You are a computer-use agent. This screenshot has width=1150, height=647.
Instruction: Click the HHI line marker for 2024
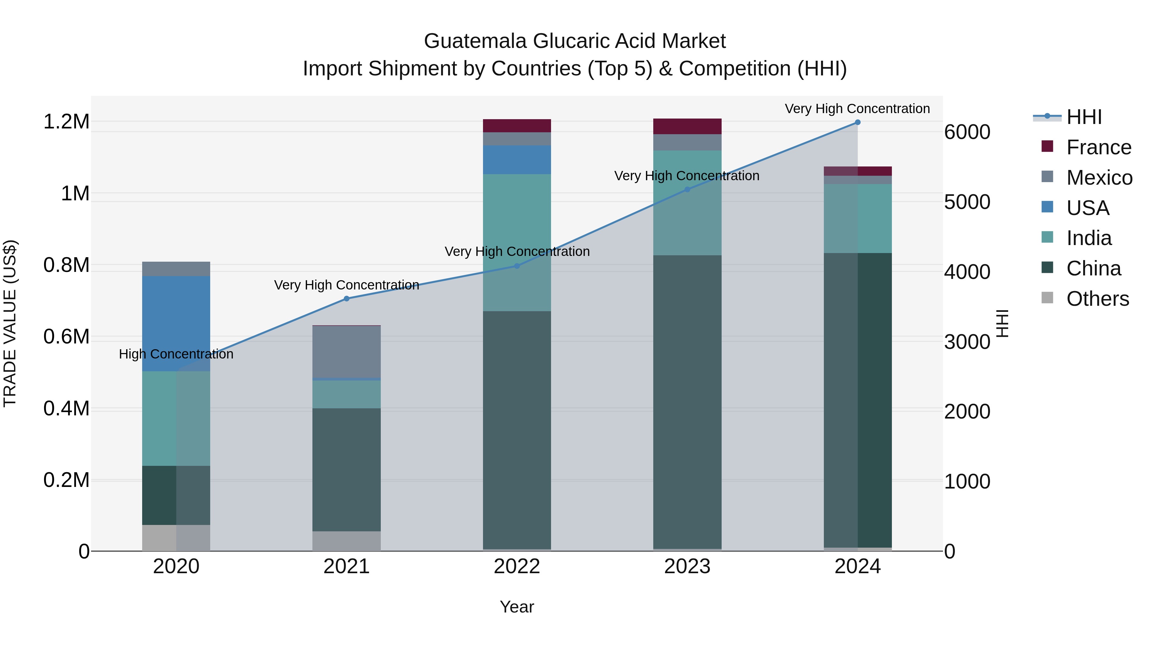857,122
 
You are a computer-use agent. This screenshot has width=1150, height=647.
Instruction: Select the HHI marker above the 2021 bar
346,299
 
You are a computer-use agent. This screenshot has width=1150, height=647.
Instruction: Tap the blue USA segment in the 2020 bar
176,323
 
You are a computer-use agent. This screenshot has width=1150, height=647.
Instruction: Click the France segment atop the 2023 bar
687,126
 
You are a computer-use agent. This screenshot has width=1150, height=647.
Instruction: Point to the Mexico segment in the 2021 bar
346,351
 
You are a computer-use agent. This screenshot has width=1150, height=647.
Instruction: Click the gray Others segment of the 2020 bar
176,538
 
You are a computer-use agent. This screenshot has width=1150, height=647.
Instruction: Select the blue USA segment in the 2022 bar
517,159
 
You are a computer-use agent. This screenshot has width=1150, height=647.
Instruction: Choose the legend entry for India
1088,238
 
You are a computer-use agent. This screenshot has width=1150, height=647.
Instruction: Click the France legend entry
1098,147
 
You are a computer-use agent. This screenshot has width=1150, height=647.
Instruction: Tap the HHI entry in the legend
1084,117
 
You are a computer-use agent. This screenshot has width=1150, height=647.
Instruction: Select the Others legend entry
1097,299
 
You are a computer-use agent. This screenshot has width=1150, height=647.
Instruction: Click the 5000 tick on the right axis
967,202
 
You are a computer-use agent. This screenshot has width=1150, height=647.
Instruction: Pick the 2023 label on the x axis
687,566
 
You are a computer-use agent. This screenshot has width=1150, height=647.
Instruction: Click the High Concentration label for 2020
176,354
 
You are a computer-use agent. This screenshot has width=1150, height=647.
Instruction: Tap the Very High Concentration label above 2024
857,109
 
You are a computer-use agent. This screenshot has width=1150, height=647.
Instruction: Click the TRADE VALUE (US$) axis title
10,323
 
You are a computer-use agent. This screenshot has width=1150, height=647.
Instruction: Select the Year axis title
517,607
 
